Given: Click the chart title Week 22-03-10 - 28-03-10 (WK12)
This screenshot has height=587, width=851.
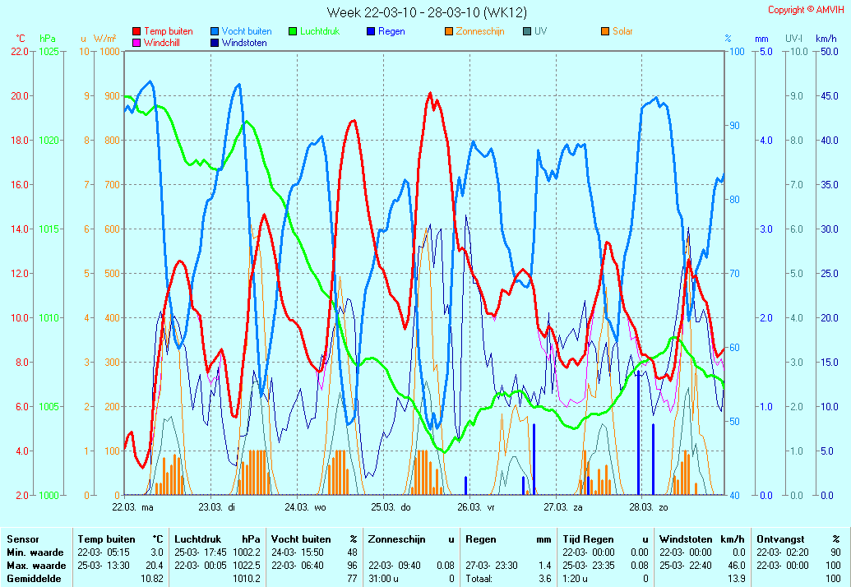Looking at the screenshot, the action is [427, 12].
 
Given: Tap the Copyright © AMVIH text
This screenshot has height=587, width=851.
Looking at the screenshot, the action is [806, 10].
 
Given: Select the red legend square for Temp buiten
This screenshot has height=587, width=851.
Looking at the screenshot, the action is [136, 31].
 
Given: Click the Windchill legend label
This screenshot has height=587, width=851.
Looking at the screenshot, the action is [162, 43].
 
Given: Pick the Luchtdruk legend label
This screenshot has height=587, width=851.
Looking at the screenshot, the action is [320, 31].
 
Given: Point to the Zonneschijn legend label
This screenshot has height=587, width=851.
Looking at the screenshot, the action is [480, 31].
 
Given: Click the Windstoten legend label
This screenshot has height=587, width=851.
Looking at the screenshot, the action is [244, 43].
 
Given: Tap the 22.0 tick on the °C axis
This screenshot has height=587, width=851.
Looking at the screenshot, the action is [20, 52].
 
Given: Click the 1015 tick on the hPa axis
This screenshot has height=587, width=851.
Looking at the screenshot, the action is [49, 229].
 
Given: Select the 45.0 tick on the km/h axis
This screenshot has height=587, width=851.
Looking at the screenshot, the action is [830, 96].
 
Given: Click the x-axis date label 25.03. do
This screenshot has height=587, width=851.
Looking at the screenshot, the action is [391, 508].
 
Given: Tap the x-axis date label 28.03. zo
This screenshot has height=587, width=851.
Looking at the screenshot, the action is [649, 508].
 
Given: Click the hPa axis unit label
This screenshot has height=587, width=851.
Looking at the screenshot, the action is [47, 39].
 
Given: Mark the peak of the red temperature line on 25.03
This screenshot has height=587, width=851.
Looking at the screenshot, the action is [430, 93].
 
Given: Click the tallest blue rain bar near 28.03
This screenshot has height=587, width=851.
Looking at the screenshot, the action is [639, 432].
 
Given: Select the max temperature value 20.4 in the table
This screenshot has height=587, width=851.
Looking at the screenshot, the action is [155, 566].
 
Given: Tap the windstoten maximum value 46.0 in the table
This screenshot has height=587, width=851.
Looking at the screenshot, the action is [737, 566].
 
